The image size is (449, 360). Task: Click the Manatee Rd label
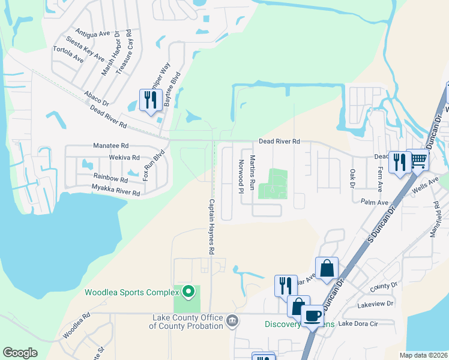pyautogui.click(x=111, y=146)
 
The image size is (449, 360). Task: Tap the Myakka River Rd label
pyautogui.click(x=115, y=190)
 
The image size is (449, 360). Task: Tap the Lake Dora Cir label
pyautogui.click(x=360, y=324)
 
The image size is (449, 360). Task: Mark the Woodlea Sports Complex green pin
pyautogui.click(x=188, y=292)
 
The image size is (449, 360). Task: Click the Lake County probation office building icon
pyautogui.click(x=232, y=322)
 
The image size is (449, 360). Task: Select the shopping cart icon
pyautogui.click(x=418, y=160)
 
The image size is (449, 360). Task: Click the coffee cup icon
pyautogui.click(x=313, y=316)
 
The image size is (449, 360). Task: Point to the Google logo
pyautogui.click(x=20, y=353)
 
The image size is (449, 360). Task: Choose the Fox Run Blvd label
pyautogui.click(x=154, y=166)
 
